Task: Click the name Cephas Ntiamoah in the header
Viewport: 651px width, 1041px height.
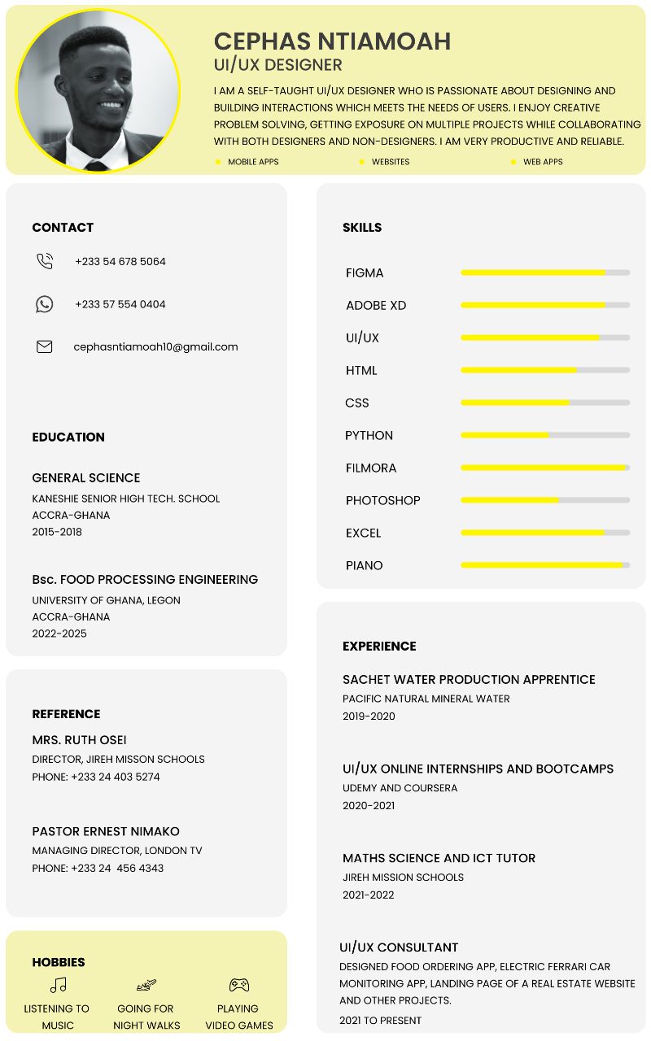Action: point(332,41)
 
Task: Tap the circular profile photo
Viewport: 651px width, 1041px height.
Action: point(98,89)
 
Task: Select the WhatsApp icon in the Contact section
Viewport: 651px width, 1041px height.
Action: point(45,304)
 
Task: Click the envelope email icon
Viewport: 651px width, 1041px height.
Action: point(45,346)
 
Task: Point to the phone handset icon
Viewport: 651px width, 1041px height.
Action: point(45,261)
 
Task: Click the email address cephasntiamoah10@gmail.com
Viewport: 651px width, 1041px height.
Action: point(155,346)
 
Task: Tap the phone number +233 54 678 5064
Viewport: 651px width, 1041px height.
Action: point(120,261)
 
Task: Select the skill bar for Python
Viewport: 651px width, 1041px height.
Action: point(545,435)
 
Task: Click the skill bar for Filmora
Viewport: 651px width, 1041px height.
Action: point(545,468)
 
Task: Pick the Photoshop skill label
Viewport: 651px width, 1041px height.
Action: point(382,500)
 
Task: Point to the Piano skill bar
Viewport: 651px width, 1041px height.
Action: point(545,565)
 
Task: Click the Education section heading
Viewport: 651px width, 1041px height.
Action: point(68,437)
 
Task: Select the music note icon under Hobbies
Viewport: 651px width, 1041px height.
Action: point(58,985)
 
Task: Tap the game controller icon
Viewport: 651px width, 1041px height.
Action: point(238,985)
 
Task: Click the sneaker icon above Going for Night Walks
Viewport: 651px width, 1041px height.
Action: point(146,985)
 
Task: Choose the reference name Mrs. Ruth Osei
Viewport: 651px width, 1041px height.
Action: point(79,739)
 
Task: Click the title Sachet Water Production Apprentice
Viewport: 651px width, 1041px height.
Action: point(469,679)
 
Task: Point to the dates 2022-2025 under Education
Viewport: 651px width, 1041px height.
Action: point(59,634)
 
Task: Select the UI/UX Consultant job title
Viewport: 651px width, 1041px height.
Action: point(399,947)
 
